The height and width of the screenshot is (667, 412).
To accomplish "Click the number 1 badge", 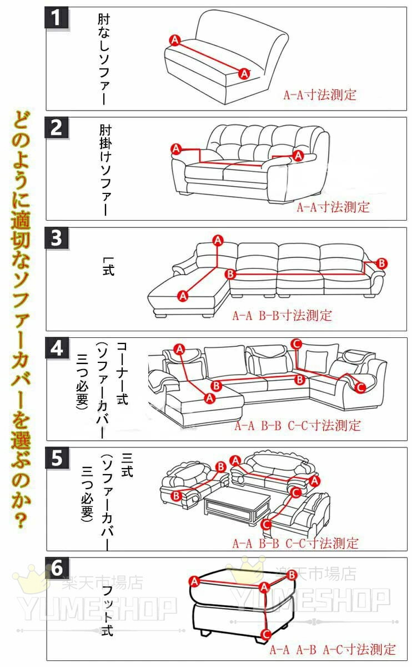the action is [x=57, y=18].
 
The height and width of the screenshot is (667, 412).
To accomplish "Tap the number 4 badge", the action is [x=57, y=348].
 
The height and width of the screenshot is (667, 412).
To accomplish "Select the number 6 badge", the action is [x=57, y=568].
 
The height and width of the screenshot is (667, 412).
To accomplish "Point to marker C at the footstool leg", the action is [x=266, y=635].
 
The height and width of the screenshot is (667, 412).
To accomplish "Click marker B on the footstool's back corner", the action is [x=292, y=575].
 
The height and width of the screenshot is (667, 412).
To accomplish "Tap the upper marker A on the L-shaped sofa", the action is [x=218, y=241].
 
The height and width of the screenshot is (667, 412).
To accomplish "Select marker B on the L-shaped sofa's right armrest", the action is [x=381, y=263].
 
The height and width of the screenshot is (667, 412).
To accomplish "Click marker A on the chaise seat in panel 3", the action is [x=183, y=296].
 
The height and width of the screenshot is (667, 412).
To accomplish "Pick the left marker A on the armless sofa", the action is [x=175, y=40].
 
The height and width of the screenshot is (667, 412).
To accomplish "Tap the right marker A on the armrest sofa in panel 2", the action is [x=298, y=156].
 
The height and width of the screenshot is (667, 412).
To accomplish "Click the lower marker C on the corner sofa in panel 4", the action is [x=360, y=387].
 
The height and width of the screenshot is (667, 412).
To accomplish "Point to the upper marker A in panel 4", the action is [x=179, y=349].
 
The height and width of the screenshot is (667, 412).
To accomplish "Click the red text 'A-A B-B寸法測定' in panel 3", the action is [x=282, y=316].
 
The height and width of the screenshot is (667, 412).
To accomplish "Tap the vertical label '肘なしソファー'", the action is [x=104, y=59].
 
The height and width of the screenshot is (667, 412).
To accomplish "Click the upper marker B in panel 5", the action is [x=221, y=466].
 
